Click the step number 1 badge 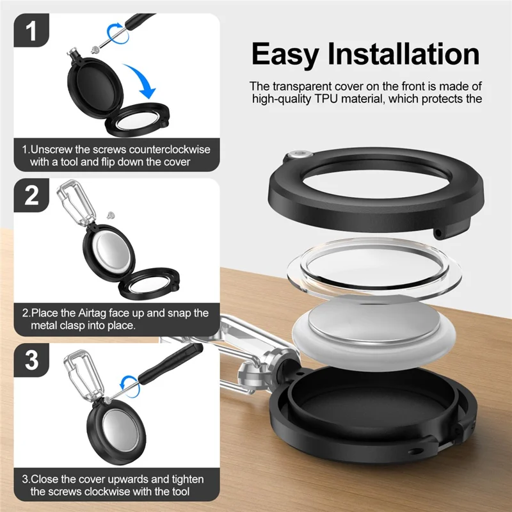[x=31, y=30]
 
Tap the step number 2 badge [x=31, y=195]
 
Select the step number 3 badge [x=31, y=360]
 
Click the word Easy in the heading [x=285, y=55]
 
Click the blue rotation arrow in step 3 [x=130, y=386]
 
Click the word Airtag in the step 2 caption [x=92, y=313]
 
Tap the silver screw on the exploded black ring [x=299, y=155]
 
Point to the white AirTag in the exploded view [x=374, y=333]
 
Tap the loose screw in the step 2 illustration [x=111, y=215]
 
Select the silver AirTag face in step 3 [x=117, y=430]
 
